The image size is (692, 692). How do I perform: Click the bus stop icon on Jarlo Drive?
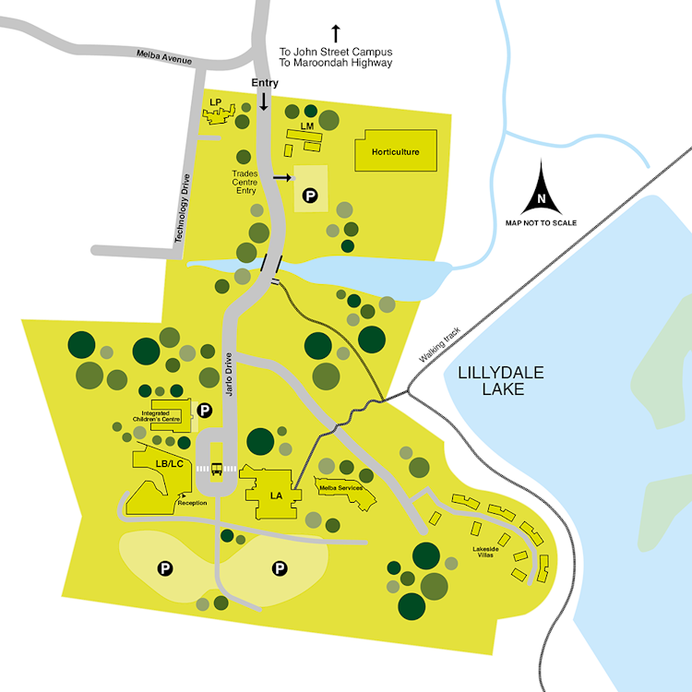pyautogui.click(x=218, y=469)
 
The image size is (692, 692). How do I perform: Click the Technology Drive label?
pyautogui.click(x=181, y=209)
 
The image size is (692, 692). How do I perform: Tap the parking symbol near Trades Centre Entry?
pyautogui.click(x=310, y=195)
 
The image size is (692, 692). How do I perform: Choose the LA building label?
pyautogui.click(x=275, y=495)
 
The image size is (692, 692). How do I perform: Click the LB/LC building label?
pyautogui.click(x=170, y=462)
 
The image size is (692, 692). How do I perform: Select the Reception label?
pyautogui.click(x=192, y=503)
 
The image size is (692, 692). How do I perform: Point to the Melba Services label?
pyautogui.click(x=340, y=486)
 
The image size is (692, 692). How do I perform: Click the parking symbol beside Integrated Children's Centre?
pyautogui.click(x=205, y=408)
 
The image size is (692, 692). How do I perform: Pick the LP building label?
pyautogui.click(x=216, y=101)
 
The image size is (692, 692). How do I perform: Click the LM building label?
pyautogui.click(x=307, y=125)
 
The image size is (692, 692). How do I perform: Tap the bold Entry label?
pyautogui.click(x=265, y=83)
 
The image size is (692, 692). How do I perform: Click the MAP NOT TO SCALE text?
pyautogui.click(x=542, y=223)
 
